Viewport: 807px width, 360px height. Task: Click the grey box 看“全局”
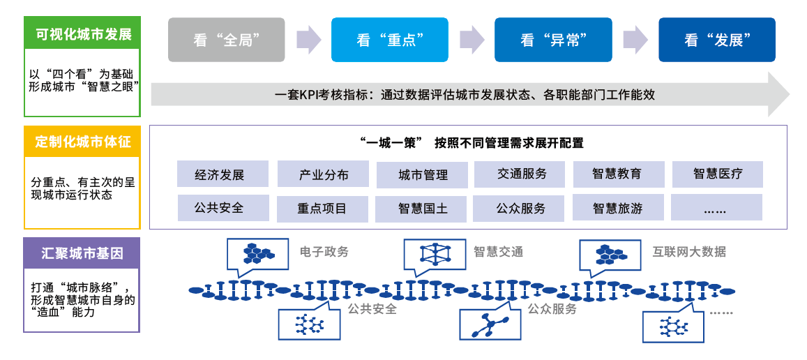227,40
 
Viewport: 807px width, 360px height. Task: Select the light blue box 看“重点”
390,40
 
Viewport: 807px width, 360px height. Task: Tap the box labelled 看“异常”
553,40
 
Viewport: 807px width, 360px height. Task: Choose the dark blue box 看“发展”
717,40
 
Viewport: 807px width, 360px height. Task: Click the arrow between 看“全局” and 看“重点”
309,40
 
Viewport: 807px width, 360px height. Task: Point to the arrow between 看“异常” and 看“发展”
635,40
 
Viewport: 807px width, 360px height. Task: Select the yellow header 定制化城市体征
82,141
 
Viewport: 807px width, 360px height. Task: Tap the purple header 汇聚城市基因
82,253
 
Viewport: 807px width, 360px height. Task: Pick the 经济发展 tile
223,174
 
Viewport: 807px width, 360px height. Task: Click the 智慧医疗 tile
718,174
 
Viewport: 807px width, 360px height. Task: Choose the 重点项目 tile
322,209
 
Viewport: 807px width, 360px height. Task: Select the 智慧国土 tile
421,209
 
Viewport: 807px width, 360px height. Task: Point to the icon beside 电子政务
258,253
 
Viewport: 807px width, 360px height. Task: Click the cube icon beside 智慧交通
435,253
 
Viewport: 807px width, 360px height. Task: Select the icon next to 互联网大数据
610,253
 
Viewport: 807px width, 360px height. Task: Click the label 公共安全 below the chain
372,310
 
